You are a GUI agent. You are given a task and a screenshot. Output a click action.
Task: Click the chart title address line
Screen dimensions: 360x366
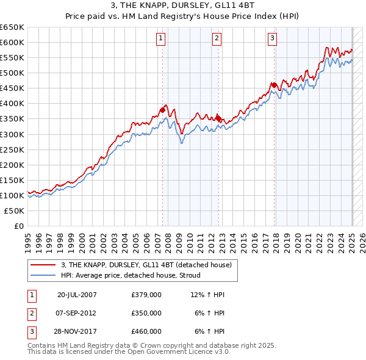pyautogui.click(x=182, y=6)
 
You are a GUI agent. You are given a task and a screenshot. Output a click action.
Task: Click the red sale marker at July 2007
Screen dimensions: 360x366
pyautogui.click(x=163, y=110)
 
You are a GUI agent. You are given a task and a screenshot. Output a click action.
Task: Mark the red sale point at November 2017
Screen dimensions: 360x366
pyautogui.click(x=274, y=85)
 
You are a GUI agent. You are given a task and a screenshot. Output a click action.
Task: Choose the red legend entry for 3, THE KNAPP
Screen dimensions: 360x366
pyautogui.click(x=146, y=265)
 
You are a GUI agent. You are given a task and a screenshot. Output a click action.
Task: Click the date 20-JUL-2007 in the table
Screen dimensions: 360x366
pyautogui.click(x=77, y=295)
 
